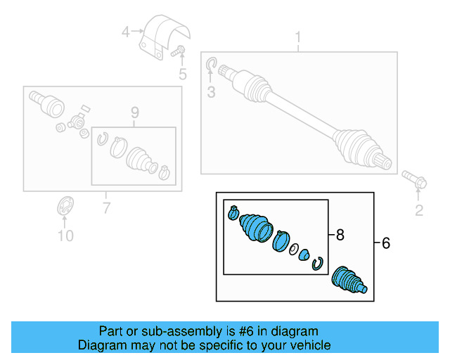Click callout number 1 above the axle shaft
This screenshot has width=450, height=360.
click(297, 36)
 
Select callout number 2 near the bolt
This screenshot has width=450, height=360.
click(419, 210)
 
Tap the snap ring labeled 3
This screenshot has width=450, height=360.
click(211, 67)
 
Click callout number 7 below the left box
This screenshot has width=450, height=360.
click(106, 207)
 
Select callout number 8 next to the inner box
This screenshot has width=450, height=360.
click(340, 236)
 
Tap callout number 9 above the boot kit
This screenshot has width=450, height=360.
click(134, 112)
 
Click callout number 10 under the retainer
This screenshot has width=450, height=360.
click(65, 236)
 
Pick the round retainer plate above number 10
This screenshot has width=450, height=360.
click(65, 209)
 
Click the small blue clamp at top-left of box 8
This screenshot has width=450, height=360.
click(233, 212)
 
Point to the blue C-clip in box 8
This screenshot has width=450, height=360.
click(318, 263)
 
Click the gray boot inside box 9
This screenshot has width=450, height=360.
click(141, 160)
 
